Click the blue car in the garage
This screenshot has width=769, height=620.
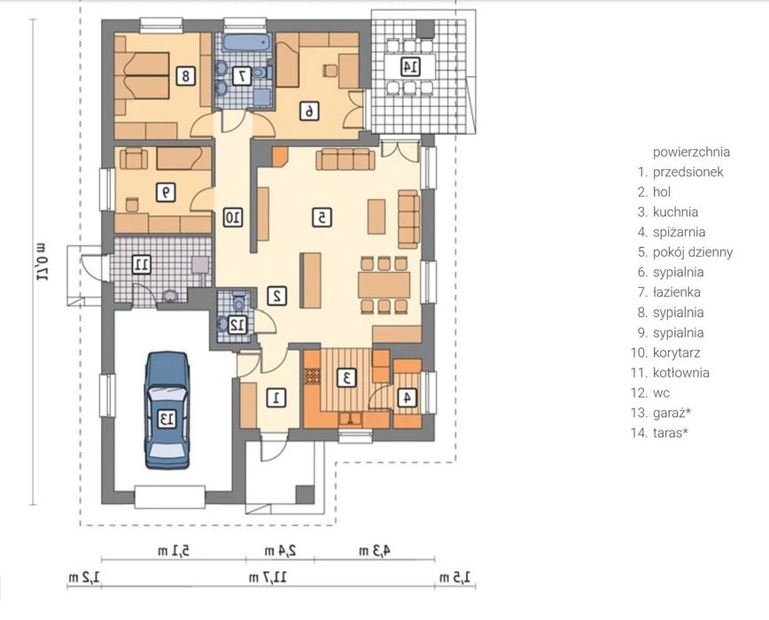coord(167,411)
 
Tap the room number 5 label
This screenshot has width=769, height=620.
coord(322,217)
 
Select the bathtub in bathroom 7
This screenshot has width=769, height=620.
coord(246,43)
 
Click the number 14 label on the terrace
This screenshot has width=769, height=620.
coord(410,66)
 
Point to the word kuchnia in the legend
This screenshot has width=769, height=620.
coord(675,213)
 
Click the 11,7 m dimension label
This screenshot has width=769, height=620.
coord(268,577)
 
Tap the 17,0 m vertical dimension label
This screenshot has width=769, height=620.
coord(41,261)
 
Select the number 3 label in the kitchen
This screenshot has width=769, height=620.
coord(346,378)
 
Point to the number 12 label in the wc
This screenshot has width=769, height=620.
coord(237,324)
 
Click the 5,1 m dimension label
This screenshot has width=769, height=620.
coord(174,551)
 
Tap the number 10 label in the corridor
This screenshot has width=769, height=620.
coord(233,217)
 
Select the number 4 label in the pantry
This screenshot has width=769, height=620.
coord(407,398)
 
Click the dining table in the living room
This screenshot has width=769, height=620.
coord(384,285)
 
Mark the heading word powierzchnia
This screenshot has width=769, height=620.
coord(691,152)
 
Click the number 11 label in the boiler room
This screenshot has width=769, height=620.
coord(141,265)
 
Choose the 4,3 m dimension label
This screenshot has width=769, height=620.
coord(375,551)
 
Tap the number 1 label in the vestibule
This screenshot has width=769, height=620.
coord(276,398)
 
